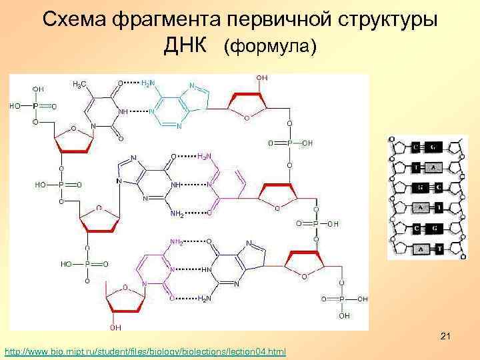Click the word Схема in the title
pos(74,19)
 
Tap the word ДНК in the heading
pos(189,45)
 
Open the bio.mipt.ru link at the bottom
pos(145,351)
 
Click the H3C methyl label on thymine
pos(79,84)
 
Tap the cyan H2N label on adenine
pos(149,83)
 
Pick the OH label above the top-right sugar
pos(261,78)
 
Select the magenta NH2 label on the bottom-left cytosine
pos(177,241)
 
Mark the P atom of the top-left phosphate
pos(35,105)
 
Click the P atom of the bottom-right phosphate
pos(341,299)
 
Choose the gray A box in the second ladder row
pos(433,167)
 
